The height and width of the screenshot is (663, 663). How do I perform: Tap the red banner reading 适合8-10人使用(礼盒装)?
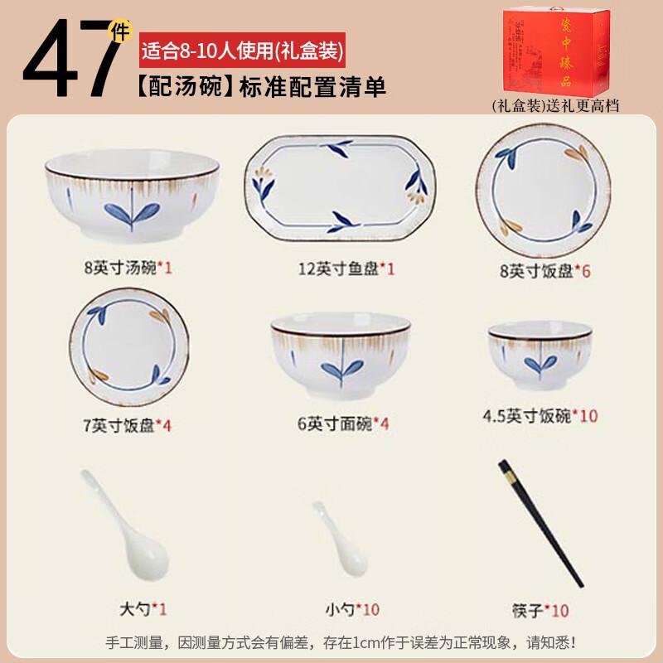(241, 51)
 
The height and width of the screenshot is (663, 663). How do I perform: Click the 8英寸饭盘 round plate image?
(543, 190)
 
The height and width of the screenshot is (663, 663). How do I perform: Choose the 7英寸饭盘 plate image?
(124, 346)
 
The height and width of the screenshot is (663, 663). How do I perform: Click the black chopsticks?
(540, 523)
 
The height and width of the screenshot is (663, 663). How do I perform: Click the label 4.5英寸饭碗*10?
(540, 416)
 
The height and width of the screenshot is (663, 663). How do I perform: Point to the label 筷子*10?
(540, 611)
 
